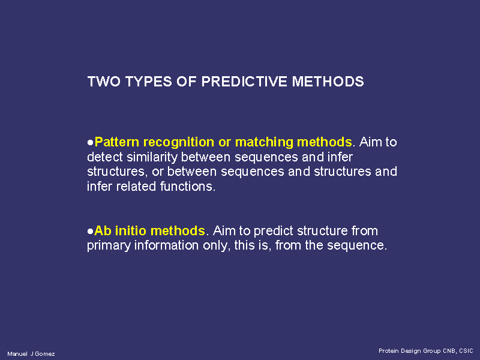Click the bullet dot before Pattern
(90, 143)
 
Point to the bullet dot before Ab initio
(90, 232)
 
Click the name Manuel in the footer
(17, 354)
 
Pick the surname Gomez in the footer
(45, 354)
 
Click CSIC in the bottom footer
(466, 351)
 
